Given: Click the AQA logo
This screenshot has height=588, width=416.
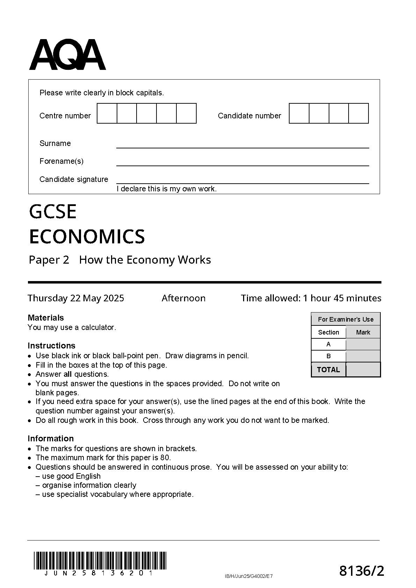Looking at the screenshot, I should [67, 55].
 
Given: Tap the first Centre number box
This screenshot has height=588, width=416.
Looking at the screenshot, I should [107, 113].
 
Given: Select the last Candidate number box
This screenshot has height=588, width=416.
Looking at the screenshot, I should [359, 113].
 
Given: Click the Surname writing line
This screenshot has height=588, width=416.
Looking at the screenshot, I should [242, 145].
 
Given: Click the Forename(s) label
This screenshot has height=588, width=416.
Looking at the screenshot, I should [61, 161].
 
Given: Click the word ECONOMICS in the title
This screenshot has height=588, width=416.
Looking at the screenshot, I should [87, 236].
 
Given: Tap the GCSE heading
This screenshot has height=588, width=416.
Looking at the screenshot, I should [53, 212].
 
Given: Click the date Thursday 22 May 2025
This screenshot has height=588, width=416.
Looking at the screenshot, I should [76, 298].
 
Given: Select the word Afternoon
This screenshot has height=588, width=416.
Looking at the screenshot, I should [183, 298].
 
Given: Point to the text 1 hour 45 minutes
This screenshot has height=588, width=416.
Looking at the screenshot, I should [342, 298].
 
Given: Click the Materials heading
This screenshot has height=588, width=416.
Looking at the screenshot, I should [46, 317].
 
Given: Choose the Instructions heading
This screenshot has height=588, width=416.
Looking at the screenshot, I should [51, 345].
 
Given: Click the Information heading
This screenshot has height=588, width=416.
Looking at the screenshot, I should [51, 438].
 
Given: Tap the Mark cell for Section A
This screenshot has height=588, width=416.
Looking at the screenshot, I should [363, 344].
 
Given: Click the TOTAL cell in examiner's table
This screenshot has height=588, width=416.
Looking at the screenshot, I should [328, 369].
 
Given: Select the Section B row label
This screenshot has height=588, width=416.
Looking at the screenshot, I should [328, 356].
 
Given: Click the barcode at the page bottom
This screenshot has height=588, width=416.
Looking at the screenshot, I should [100, 560].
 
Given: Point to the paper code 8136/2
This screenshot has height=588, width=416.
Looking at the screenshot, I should [362, 571].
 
